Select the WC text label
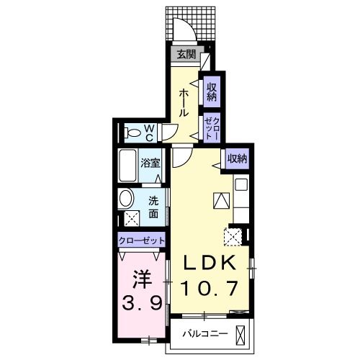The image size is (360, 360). [x=148, y=132]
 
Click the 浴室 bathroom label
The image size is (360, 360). [x=150, y=163]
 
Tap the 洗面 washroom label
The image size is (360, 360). [x=154, y=207]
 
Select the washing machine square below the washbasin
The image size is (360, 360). [x=132, y=219]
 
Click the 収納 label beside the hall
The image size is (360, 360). [x=212, y=91]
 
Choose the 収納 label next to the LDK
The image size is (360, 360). [x=238, y=158]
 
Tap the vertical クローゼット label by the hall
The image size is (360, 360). [x=212, y=128]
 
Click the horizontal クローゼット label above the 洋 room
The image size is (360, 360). [x=142, y=240]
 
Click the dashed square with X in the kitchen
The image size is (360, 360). [x=233, y=236]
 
